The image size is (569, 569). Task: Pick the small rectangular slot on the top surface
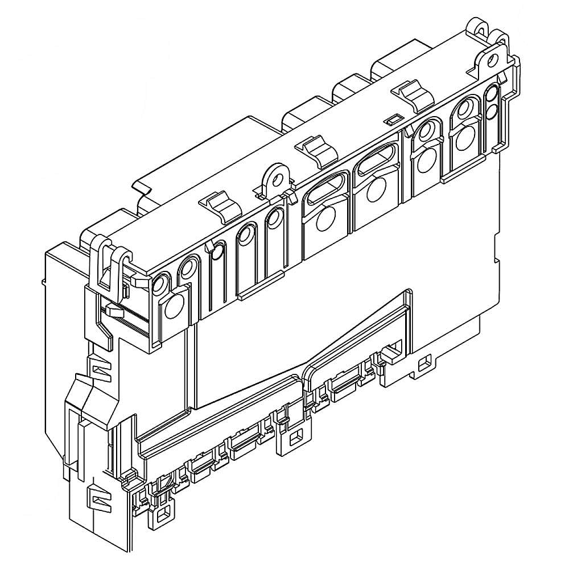pos(391,119)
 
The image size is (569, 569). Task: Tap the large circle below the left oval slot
pos(325,218)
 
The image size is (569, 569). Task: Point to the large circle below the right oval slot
pos(376,189)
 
